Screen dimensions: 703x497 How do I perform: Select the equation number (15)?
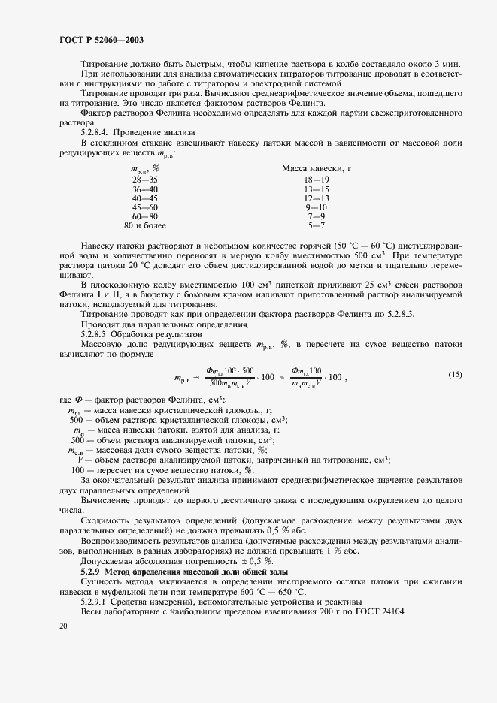(455, 374)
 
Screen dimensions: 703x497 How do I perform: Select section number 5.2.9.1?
(97, 602)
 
